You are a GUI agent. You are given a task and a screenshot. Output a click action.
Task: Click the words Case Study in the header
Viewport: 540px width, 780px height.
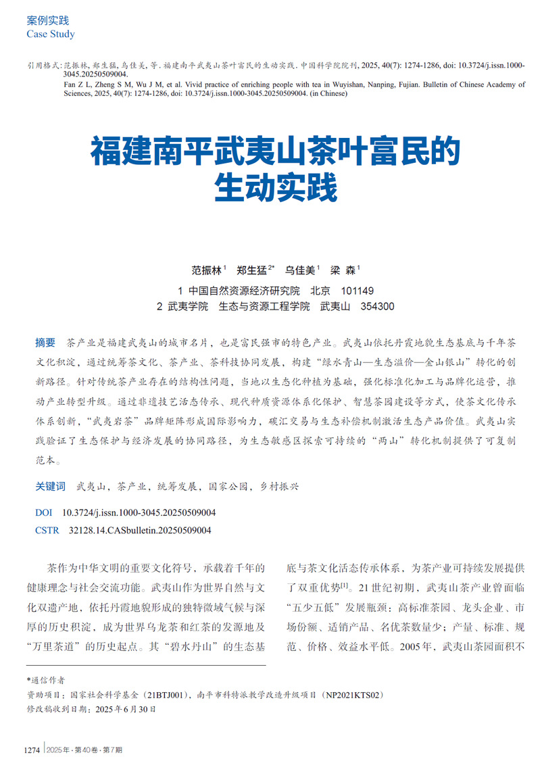[51, 34]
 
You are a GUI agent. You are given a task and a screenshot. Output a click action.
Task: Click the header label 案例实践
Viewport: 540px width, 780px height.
[47, 21]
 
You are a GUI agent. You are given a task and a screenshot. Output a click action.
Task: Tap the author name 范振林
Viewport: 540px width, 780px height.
[206, 270]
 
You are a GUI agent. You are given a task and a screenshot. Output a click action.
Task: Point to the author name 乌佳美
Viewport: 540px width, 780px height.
[300, 270]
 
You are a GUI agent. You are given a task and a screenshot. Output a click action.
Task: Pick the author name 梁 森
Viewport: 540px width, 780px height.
[343, 270]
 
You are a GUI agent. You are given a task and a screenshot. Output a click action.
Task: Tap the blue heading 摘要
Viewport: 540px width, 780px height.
[45, 342]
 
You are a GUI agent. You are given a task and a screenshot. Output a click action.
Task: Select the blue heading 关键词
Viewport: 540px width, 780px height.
[50, 486]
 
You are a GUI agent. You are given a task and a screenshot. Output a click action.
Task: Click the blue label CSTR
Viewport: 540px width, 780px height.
[47, 531]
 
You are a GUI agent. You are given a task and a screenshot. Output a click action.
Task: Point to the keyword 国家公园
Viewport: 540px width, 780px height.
[227, 486]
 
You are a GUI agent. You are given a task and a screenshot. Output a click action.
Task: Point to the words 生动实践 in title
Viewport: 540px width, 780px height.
[275, 189]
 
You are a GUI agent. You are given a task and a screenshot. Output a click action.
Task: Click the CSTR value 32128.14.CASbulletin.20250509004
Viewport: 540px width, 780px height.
[140, 531]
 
